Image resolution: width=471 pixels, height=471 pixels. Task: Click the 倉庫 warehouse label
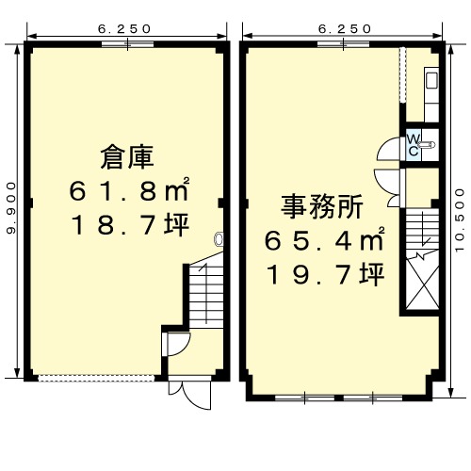(127, 157)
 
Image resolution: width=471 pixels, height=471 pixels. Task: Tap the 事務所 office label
(322, 206)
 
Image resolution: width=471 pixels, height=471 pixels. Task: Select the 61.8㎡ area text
(129, 190)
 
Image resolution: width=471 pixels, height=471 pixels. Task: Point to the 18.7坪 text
(130, 224)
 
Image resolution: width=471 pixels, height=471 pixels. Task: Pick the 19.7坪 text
(326, 274)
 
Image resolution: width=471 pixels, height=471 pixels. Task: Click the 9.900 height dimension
(11, 208)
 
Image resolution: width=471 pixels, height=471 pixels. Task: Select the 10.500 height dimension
(460, 219)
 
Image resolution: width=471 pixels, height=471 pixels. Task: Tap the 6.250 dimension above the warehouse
(124, 29)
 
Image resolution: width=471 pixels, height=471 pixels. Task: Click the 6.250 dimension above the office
(345, 29)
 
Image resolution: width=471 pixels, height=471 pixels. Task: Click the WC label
(414, 145)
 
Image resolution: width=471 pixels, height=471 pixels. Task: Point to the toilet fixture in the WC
(427, 144)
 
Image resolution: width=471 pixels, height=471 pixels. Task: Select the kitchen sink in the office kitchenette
(431, 80)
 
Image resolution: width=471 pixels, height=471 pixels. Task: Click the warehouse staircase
(206, 292)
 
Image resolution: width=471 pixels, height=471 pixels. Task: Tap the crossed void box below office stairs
(422, 282)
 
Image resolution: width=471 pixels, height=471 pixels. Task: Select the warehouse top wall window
(127, 44)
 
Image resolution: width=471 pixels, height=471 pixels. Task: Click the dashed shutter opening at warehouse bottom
(96, 378)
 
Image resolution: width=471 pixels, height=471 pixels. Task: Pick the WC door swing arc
(388, 149)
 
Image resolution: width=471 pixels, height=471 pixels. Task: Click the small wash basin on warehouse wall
(219, 239)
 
